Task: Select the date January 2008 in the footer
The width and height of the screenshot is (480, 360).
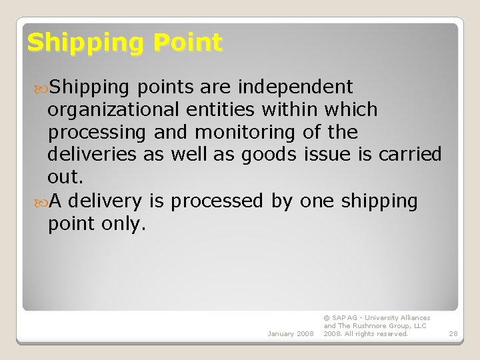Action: (289, 333)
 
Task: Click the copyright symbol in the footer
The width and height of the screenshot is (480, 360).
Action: (326, 318)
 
